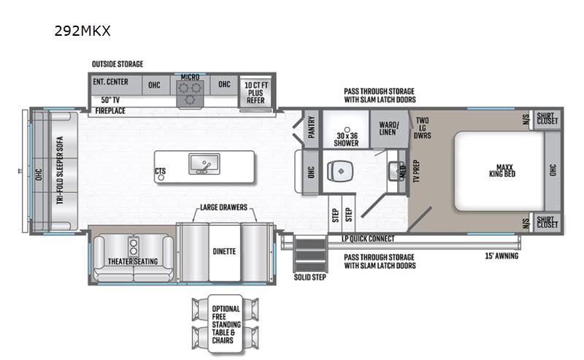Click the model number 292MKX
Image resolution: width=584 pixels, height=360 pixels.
[x=82, y=31]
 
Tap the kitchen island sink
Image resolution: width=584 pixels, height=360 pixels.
[x=204, y=164]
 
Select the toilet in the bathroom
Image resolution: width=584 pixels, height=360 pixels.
[x=340, y=171]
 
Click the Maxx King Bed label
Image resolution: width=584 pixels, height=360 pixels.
[x=502, y=171]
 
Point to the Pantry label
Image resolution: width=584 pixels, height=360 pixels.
[x=312, y=127]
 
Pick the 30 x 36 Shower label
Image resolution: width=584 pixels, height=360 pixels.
[x=346, y=139]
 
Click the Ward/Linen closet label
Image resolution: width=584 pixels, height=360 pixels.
[x=388, y=129]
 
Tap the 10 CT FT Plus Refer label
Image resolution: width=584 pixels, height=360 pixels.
[x=256, y=93]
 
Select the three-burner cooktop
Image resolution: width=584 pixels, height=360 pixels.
[x=190, y=93]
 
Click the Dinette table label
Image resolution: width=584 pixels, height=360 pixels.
[x=224, y=251]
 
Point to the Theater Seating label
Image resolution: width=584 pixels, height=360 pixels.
[x=133, y=261]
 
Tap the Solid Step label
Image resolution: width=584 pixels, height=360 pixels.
[x=310, y=277]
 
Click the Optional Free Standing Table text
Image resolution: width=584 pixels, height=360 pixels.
[x=226, y=325]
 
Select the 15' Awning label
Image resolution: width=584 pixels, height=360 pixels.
[x=502, y=256]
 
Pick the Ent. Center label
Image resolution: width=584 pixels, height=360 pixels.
[x=110, y=82]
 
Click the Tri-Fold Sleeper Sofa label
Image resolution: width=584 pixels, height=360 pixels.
[x=60, y=170]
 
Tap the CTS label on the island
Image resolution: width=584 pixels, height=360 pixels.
[x=160, y=171]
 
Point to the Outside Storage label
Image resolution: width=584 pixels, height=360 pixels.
[x=118, y=64]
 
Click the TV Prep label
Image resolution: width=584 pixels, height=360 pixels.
[x=416, y=171]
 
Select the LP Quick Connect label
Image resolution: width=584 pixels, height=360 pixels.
[x=368, y=239]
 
